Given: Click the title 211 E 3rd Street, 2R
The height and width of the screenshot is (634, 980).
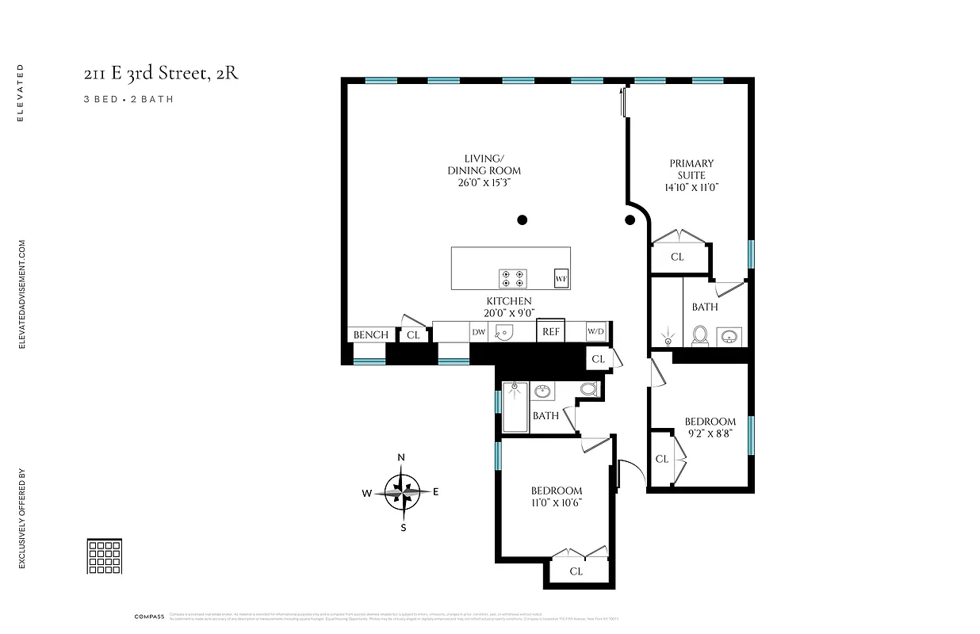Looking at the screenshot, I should [161, 74].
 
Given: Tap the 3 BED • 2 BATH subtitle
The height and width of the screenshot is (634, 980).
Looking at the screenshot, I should [128, 100].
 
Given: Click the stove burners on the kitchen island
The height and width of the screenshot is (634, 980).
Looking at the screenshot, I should [512, 278].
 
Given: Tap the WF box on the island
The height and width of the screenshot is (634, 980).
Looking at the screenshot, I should [561, 278].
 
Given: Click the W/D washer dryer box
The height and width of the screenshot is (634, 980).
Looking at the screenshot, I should [595, 332].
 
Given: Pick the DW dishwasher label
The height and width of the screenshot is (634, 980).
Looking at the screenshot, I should [479, 333].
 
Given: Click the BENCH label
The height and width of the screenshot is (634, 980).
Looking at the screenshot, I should [370, 335].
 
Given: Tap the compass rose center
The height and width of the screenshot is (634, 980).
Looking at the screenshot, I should [403, 492].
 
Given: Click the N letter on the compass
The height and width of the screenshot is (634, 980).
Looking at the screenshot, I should [402, 457].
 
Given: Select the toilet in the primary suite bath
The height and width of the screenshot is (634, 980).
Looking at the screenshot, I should [700, 337].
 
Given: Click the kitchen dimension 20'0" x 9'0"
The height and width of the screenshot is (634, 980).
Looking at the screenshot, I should [508, 312].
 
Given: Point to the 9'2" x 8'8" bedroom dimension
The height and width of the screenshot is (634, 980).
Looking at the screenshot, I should [710, 433].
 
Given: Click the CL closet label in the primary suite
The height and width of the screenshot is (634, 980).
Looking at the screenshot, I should [677, 257].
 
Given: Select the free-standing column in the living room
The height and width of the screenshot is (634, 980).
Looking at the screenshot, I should [522, 220].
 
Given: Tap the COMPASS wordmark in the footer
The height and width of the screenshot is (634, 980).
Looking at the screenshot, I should [149, 617].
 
